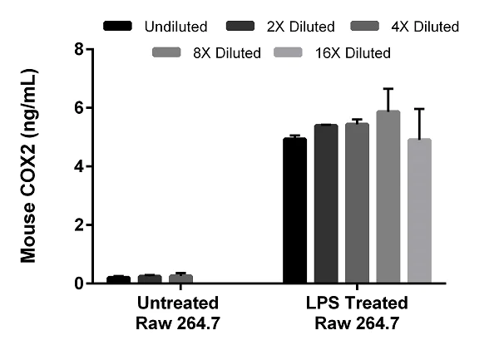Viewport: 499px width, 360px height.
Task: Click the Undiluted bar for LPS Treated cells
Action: tap(295, 210)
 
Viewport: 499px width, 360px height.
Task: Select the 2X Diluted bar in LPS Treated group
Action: tap(326, 204)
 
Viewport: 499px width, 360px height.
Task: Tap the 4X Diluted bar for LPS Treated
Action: tap(357, 203)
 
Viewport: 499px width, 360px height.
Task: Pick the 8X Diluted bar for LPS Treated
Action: tap(388, 196)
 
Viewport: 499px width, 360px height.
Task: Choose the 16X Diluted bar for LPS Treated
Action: tap(419, 210)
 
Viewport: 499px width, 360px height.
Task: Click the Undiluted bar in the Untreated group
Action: tap(118, 279)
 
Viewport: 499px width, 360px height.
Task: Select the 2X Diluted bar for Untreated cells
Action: tap(150, 279)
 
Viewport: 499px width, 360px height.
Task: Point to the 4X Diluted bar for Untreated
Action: tap(180, 279)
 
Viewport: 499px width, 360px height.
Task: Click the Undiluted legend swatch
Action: tap(117, 26)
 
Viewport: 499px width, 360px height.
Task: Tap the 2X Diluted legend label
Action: tap(301, 27)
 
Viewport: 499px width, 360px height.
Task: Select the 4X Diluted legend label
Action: tap(425, 27)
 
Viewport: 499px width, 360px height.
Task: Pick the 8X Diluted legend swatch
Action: tap(166, 52)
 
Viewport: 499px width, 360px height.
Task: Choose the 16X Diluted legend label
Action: tap(353, 52)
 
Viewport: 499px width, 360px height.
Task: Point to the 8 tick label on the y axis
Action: tap(79, 49)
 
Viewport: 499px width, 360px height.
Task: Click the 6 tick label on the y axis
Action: tap(79, 108)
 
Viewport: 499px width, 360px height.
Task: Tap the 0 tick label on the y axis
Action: tap(79, 284)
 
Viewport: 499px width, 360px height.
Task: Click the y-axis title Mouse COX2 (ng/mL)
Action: tap(28, 165)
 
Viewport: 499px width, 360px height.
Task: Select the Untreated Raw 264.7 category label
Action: tap(178, 313)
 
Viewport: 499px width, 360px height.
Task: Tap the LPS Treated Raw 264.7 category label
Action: tap(357, 313)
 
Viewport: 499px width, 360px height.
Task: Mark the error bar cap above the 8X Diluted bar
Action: tap(388, 88)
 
